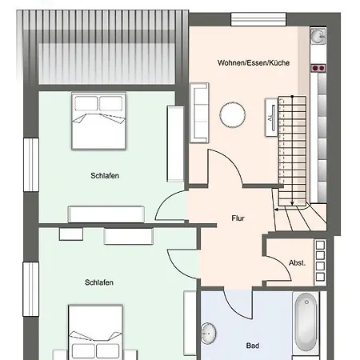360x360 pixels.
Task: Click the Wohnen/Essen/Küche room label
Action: click(254, 63)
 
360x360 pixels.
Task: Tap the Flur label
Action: click(238, 218)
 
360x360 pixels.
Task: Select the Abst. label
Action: click(297, 262)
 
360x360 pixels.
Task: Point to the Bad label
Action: click(253, 346)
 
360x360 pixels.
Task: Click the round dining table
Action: click(233, 114)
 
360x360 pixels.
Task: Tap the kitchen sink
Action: click(318, 36)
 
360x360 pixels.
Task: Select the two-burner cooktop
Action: click(318, 68)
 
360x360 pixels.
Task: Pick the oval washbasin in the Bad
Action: click(208, 334)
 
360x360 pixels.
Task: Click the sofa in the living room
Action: click(199, 113)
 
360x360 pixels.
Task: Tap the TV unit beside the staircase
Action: click(271, 118)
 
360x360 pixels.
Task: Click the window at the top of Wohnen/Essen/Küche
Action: click(258, 19)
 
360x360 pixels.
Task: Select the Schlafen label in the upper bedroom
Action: click(105, 176)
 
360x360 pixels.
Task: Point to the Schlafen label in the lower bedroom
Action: click(99, 282)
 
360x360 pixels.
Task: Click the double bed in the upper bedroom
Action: click(98, 121)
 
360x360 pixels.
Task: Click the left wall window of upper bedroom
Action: click(31, 165)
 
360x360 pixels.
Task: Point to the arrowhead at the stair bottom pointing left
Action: click(276, 210)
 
